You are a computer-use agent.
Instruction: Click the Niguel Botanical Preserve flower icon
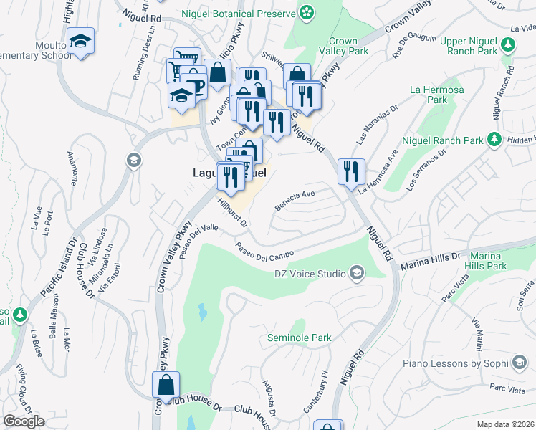point(307,12)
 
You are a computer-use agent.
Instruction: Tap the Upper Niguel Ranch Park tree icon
point(508,45)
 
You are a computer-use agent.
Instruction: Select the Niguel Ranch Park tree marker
point(494,138)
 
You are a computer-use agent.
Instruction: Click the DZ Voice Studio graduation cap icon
point(356,272)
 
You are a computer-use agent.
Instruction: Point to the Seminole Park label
point(299,337)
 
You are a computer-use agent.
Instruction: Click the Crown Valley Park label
point(348,47)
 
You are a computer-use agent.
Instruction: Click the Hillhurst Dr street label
point(232,213)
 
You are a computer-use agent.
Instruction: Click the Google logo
point(24,421)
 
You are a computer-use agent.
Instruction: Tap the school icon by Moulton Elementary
point(81,40)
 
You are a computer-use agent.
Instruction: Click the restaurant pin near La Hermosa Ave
point(351,171)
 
